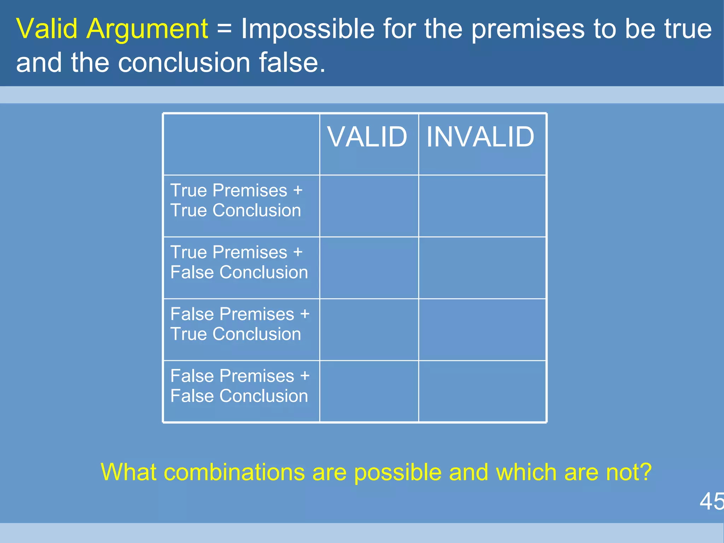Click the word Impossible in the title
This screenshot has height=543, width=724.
(307, 29)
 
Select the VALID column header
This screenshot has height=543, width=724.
(367, 137)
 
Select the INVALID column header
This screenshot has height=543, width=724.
(480, 137)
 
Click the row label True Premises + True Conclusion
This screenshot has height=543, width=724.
(236, 200)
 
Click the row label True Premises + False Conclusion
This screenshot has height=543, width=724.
(239, 262)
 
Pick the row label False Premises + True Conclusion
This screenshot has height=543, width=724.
(240, 324)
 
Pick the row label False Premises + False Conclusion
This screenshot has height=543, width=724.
(240, 386)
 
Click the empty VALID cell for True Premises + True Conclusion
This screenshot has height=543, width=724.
(369, 206)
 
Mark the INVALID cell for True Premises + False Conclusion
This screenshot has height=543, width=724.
(482, 268)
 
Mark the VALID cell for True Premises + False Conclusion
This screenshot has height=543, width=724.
(369, 268)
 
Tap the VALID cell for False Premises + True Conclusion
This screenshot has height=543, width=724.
(369, 330)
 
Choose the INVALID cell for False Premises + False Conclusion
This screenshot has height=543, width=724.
(482, 391)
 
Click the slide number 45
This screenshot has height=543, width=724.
(711, 501)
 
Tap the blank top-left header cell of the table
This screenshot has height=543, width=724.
(241, 144)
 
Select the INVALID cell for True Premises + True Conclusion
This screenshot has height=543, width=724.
(482, 206)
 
